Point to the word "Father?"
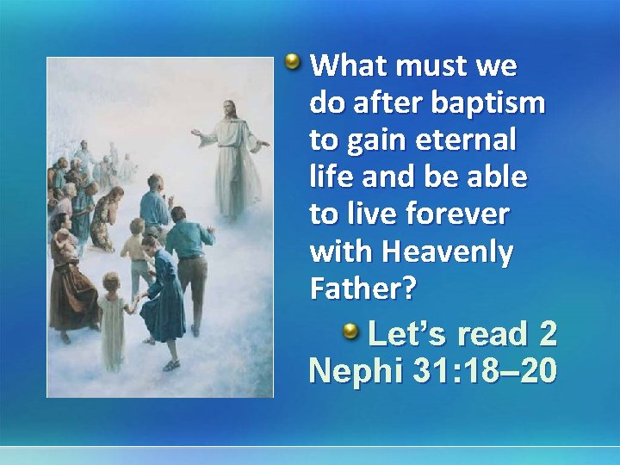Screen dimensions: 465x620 pyautogui.click(x=363, y=289)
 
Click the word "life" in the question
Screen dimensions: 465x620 pyautogui.click(x=331, y=177)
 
